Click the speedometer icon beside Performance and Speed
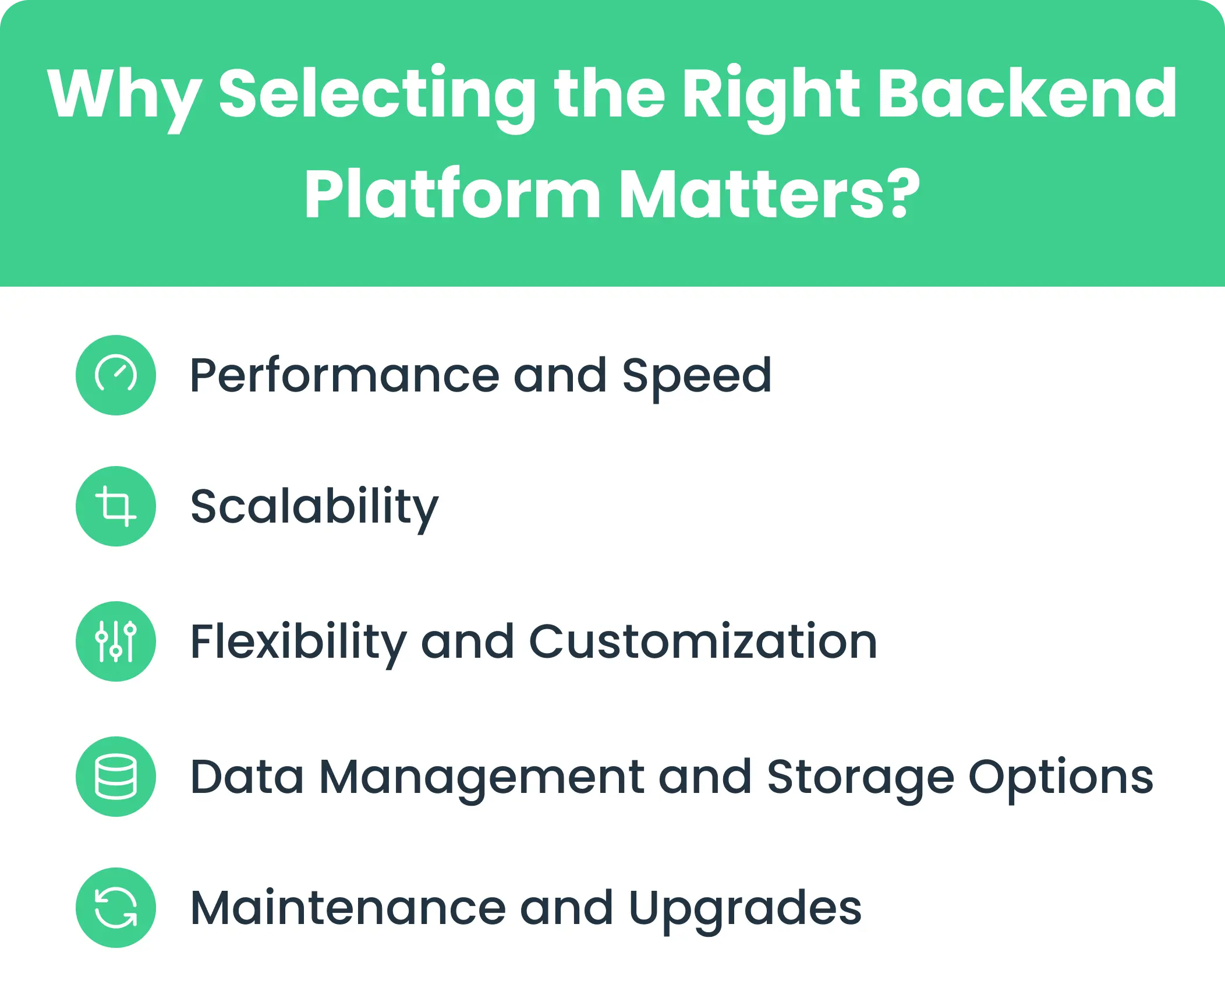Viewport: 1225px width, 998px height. (116, 375)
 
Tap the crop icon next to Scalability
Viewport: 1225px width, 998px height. (116, 506)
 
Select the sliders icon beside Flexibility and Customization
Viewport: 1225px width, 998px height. (116, 641)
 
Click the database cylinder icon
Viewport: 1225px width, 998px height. (116, 776)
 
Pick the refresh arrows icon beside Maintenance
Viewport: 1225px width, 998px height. (116, 907)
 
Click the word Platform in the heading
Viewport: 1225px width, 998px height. (452, 194)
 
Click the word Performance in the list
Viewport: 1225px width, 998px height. (344, 376)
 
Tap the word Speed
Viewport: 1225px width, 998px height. (696, 376)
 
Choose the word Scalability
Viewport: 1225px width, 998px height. (314, 507)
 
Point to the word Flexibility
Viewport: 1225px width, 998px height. (298, 642)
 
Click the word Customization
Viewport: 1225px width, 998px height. (703, 642)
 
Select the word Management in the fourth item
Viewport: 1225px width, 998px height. (481, 777)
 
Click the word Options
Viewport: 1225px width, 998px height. (1060, 777)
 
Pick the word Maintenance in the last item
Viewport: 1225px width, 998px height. (348, 908)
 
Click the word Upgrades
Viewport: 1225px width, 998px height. (745, 908)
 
